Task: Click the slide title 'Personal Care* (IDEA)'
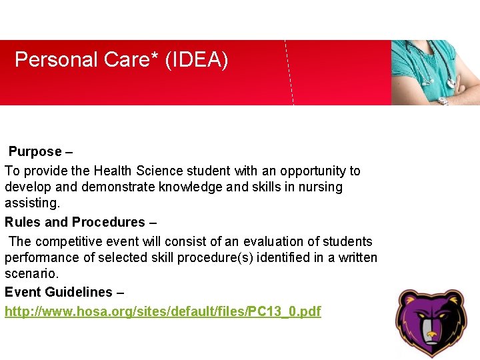point(121,60)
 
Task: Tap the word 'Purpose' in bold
point(35,151)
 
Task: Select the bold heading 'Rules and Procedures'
point(75,222)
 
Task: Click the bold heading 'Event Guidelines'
point(59,292)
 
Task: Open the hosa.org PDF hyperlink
point(163,311)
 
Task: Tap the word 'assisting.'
point(32,203)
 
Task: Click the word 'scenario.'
point(31,273)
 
